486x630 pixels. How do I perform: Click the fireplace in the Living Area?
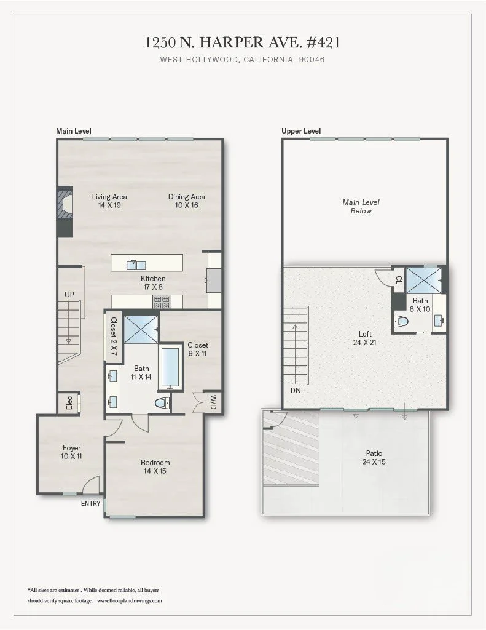click(64, 203)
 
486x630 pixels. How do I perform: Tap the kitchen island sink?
click(136, 265)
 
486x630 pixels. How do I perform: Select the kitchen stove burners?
click(162, 301)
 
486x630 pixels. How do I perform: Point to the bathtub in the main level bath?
click(170, 368)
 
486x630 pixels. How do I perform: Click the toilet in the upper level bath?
click(402, 321)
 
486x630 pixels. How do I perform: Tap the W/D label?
click(213, 402)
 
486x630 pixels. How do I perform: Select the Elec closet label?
click(69, 404)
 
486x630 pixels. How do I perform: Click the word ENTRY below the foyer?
click(90, 503)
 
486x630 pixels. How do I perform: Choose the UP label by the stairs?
click(69, 295)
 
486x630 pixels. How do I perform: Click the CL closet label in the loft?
click(398, 280)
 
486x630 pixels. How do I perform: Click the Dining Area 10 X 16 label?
click(187, 201)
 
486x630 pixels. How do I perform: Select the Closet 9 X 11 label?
click(198, 349)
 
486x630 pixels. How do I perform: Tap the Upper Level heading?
click(301, 131)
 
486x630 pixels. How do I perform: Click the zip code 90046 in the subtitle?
click(312, 60)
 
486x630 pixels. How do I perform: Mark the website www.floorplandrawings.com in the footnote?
click(129, 600)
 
